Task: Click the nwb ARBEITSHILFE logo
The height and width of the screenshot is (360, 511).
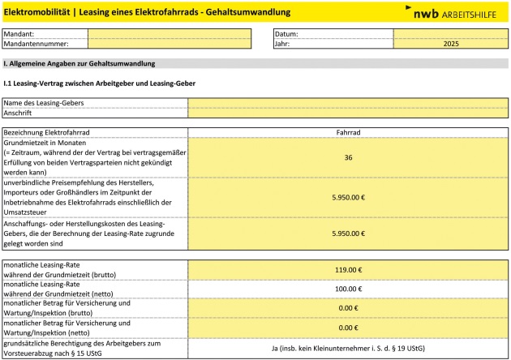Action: tap(453, 12)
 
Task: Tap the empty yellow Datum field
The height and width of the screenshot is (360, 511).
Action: tap(451, 34)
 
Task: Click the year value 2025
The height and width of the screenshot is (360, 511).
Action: tap(451, 45)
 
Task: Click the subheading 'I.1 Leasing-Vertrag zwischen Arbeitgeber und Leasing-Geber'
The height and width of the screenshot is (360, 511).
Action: tap(100, 84)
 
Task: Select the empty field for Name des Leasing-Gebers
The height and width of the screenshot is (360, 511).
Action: tap(348, 103)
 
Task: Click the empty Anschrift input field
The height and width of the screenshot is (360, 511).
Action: tap(348, 114)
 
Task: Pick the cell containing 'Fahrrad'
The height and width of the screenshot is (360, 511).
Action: tap(348, 131)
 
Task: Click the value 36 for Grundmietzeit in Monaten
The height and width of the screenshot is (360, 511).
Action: tap(348, 157)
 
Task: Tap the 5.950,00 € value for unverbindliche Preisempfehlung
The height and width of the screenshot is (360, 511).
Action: tap(348, 197)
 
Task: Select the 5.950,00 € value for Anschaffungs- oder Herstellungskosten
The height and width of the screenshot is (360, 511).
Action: tap(348, 233)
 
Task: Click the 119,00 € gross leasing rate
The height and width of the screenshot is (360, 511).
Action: tap(348, 270)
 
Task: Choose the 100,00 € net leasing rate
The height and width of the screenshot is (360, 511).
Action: tap(348, 289)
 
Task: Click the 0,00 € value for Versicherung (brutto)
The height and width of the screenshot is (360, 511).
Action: tap(348, 307)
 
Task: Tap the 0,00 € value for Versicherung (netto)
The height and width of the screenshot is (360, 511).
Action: tap(348, 327)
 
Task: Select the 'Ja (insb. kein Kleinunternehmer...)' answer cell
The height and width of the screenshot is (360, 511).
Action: tap(348, 349)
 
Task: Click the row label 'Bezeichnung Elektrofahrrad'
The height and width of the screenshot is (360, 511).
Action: tap(47, 131)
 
